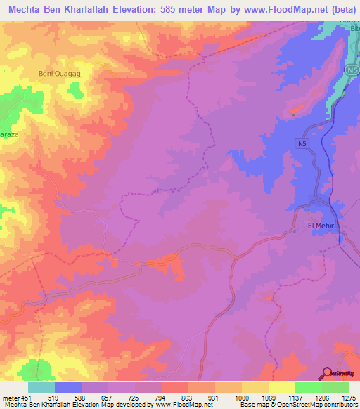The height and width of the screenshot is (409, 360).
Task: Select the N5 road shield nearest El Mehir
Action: [x=302, y=143]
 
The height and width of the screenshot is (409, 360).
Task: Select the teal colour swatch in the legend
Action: [x=41, y=387]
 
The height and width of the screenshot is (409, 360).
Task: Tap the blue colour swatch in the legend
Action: [x=68, y=387]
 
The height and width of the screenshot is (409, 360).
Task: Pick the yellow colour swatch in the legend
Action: [x=281, y=387]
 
